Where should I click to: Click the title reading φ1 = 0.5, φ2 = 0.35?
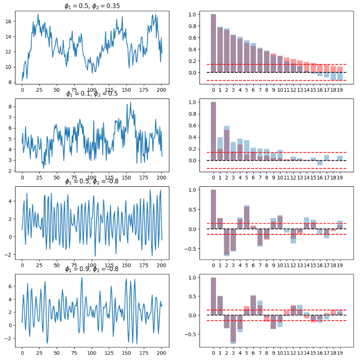[92, 6]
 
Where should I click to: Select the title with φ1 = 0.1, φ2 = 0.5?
[92, 94]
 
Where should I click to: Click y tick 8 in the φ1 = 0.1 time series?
[10, 105]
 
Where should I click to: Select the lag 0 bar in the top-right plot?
[214, 44]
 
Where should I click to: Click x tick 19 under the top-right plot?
[340, 90]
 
